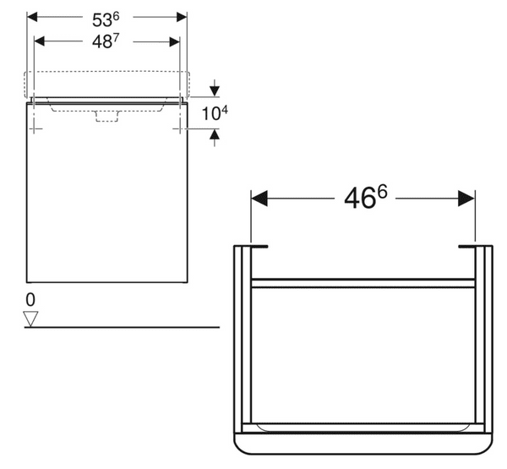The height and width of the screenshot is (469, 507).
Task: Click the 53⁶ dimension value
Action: click(x=107, y=18)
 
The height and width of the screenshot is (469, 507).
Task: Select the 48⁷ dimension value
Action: click(x=106, y=42)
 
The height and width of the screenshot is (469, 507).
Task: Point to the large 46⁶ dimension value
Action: click(x=365, y=199)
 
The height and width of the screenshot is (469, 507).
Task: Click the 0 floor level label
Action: click(x=30, y=299)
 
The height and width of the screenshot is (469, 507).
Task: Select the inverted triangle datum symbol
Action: click(x=31, y=318)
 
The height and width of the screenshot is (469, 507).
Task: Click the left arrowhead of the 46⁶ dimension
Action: click(x=259, y=199)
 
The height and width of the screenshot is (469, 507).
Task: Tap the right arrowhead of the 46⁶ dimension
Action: click(x=466, y=199)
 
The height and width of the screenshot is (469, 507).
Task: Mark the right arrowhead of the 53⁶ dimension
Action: click(x=181, y=17)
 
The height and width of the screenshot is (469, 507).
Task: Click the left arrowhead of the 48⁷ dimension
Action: click(x=39, y=41)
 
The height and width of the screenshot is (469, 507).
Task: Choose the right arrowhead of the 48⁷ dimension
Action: click(x=174, y=41)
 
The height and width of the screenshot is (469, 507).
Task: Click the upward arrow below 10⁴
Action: click(x=215, y=134)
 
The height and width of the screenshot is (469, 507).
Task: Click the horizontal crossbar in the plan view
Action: click(x=363, y=283)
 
